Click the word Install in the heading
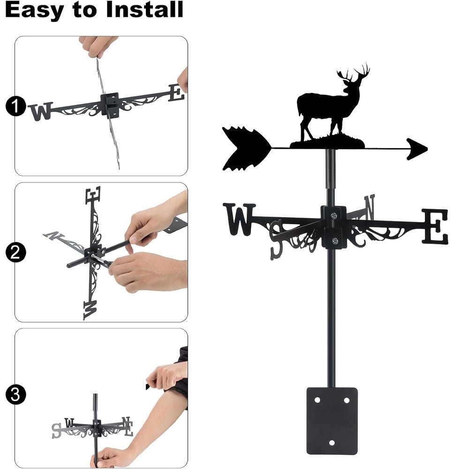pyautogui.click(x=144, y=10)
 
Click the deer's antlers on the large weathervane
pyautogui.click(x=354, y=74)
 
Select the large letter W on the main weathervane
pyautogui.click(x=240, y=219)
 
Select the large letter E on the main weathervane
pyautogui.click(x=435, y=227)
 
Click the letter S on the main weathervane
pyautogui.click(x=277, y=238)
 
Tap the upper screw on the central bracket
pyautogui.click(x=333, y=216)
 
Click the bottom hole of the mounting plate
pyautogui.click(x=332, y=442)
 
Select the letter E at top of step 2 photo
pyautogui.click(x=93, y=194)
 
